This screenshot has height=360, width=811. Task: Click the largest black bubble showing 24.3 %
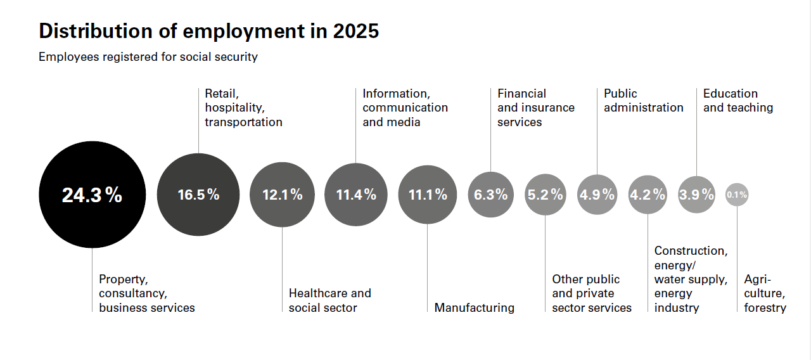click(92, 195)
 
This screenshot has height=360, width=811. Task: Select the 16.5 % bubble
click(198, 195)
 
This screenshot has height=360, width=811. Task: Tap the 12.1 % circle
click(283, 195)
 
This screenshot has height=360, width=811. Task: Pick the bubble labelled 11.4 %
click(355, 195)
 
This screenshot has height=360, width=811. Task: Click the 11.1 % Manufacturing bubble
click(428, 195)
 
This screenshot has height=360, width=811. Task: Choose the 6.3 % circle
click(491, 195)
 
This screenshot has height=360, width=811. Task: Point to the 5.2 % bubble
click(546, 195)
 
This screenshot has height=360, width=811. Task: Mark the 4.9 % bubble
click(597, 195)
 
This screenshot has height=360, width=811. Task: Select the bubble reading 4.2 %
click(648, 195)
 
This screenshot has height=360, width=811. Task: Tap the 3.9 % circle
click(696, 195)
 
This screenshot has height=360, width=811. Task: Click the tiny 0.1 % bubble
click(737, 195)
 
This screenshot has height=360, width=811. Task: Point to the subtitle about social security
click(148, 57)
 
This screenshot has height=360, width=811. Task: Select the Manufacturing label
click(474, 308)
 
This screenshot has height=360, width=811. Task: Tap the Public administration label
click(643, 101)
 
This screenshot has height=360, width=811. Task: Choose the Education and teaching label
click(738, 101)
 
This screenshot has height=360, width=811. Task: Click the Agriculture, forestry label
click(765, 293)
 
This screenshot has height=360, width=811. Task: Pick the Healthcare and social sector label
click(329, 300)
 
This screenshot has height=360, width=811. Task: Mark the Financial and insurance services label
click(535, 108)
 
